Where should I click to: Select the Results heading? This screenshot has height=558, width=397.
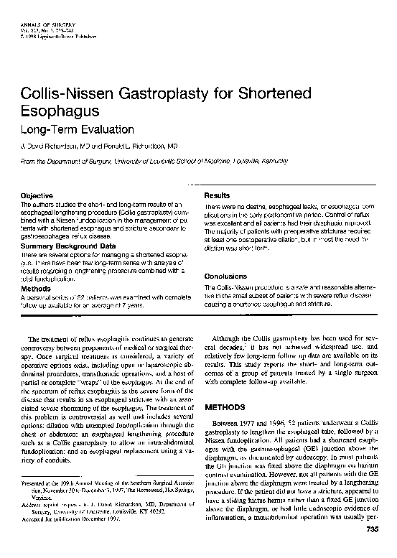click(x=217, y=195)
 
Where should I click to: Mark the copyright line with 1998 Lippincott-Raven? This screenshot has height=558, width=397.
click(x=45, y=33)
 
